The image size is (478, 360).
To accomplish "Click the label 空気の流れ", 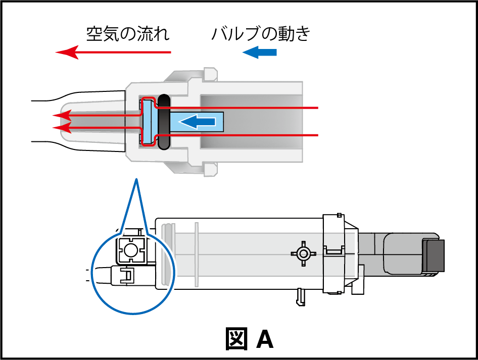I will [127, 34].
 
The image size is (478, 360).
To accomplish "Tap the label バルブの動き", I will [260, 34].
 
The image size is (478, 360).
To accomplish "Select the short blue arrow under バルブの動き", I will [260, 52].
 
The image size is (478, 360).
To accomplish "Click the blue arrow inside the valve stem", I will [198, 122].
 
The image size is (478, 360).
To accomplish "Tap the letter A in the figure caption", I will [265, 340].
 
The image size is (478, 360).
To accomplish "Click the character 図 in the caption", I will [236, 339].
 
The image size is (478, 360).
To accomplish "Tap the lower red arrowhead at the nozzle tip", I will [59, 127].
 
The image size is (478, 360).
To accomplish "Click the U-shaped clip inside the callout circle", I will [127, 275].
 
